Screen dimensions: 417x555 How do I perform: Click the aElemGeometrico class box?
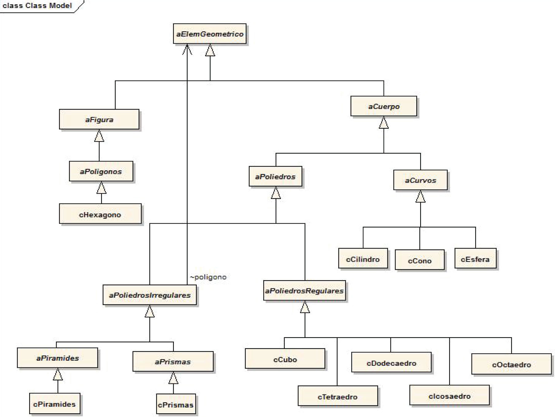click(209, 34)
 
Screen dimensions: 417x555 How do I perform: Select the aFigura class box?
click(99, 119)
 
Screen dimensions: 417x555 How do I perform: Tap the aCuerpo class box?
click(384, 106)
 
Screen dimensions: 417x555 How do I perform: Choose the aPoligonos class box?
click(101, 171)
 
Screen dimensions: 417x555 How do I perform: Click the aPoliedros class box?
click(275, 177)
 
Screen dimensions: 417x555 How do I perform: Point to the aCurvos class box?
click(420, 180)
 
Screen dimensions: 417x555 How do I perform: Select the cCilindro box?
click(363, 259)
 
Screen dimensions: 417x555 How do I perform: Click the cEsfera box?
click(475, 259)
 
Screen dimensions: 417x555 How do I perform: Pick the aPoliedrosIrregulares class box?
click(150, 295)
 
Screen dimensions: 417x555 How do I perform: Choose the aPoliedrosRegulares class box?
click(304, 291)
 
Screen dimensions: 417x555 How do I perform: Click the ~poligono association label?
click(208, 277)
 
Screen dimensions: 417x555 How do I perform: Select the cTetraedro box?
click(338, 396)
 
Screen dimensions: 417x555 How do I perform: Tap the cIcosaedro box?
click(449, 396)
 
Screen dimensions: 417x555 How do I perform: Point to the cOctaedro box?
click(511, 364)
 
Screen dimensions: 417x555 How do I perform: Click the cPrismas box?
click(176, 404)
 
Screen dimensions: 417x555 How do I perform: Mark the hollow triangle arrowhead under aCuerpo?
click(384, 123)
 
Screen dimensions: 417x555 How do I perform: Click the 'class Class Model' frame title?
click(37, 6)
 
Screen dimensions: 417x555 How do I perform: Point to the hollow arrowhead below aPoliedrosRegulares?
click(305, 307)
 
